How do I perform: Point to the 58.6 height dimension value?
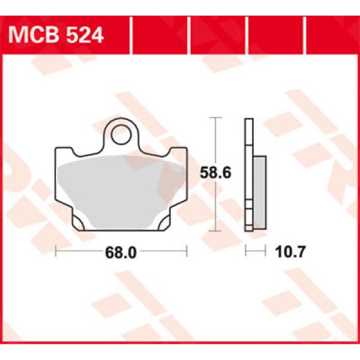coord(214,173)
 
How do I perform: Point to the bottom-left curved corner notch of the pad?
coord(77,224)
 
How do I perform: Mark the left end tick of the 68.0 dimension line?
coord(56,251)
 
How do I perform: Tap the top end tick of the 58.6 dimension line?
coord(214,118)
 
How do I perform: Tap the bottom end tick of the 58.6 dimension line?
coord(214,229)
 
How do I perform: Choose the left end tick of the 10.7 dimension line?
coord(245,251)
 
